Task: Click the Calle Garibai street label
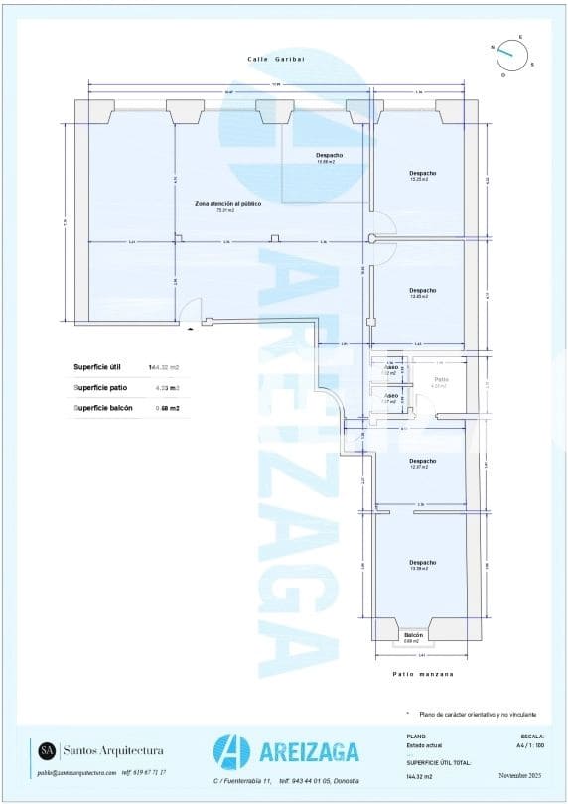(276, 60)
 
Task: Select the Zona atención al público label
(227, 204)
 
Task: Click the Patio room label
(442, 380)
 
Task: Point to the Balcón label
(414, 635)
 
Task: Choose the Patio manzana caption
(422, 674)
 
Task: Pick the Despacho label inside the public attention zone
(329, 156)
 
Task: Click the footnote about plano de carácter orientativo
(476, 714)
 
